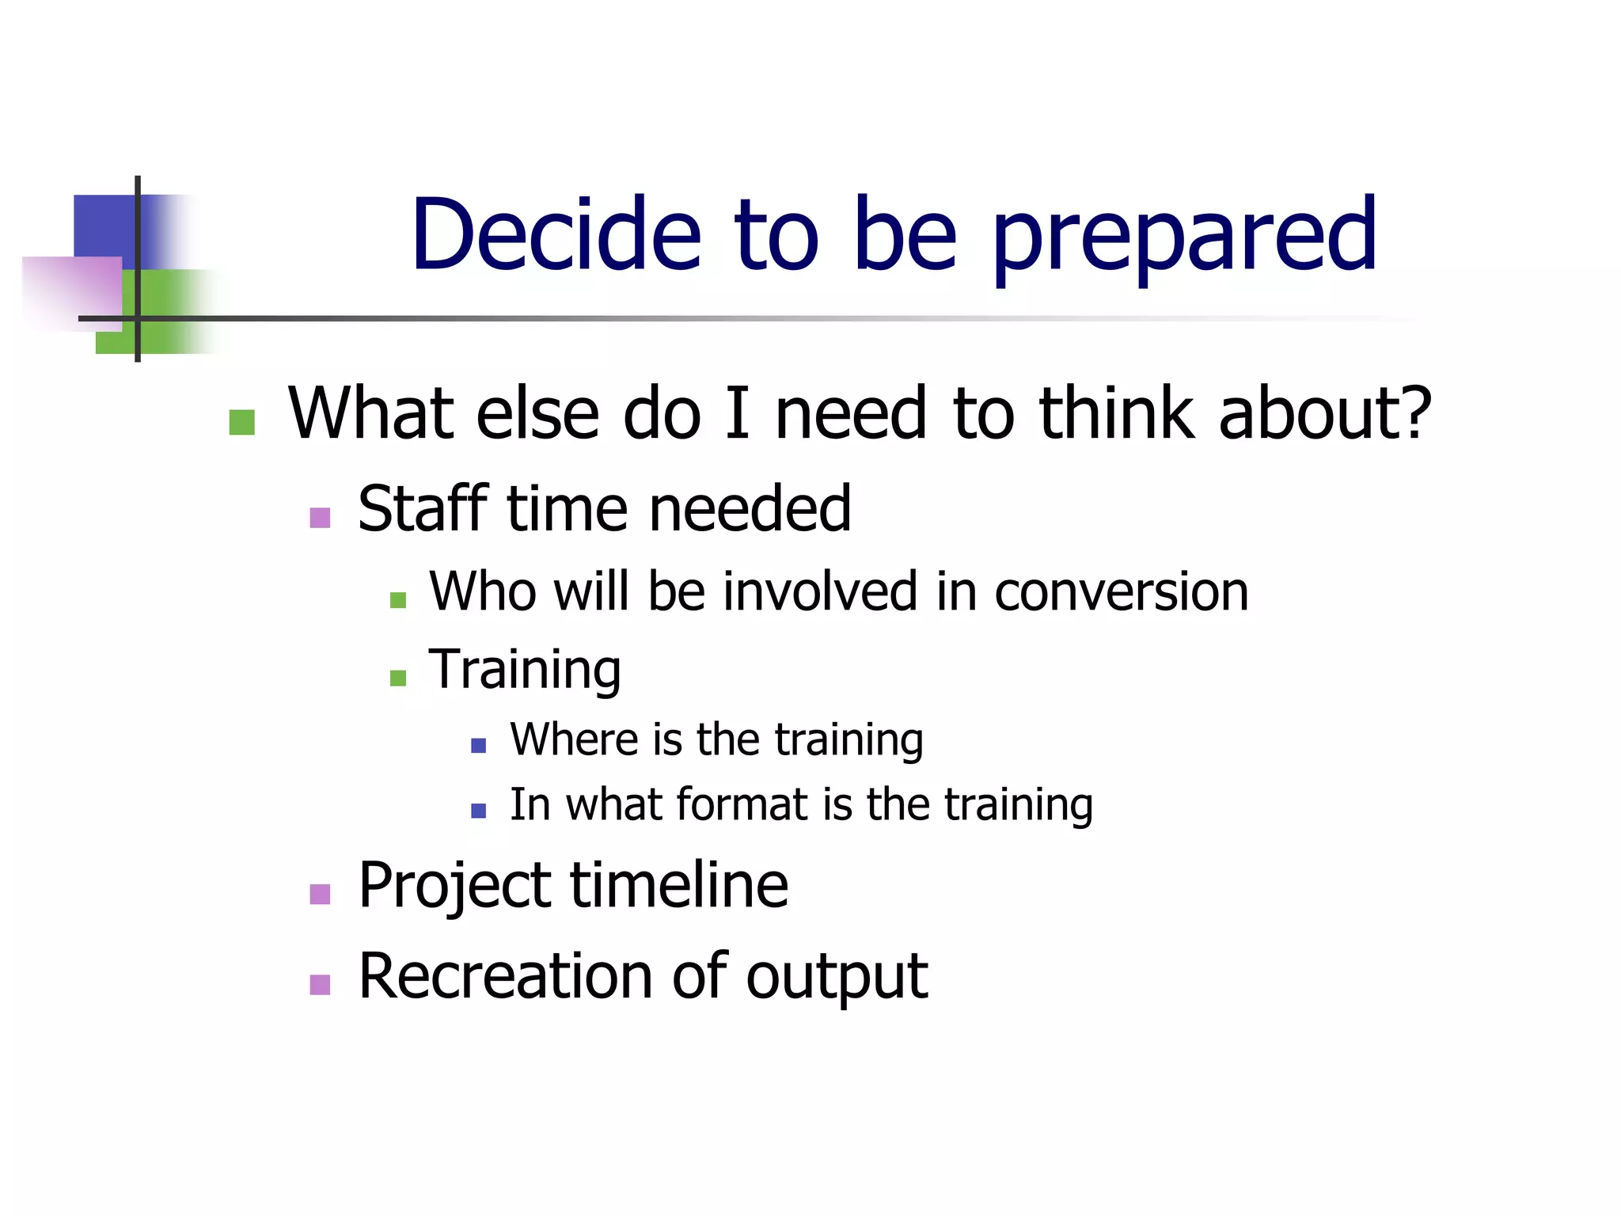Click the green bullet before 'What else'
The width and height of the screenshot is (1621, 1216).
[x=241, y=422]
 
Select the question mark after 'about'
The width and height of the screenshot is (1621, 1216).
[x=1410, y=412]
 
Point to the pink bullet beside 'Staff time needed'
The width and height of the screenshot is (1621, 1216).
[x=320, y=518]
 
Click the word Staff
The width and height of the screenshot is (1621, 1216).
[x=423, y=508]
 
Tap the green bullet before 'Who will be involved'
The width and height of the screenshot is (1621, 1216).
[x=398, y=600]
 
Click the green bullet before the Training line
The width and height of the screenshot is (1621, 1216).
[x=398, y=678]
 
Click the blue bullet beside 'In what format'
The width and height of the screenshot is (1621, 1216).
[x=478, y=810]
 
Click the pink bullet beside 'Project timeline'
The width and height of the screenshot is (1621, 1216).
[x=320, y=894]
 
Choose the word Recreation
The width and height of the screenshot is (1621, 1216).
[x=506, y=975]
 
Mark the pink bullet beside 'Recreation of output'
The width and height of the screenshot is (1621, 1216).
[x=320, y=985]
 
